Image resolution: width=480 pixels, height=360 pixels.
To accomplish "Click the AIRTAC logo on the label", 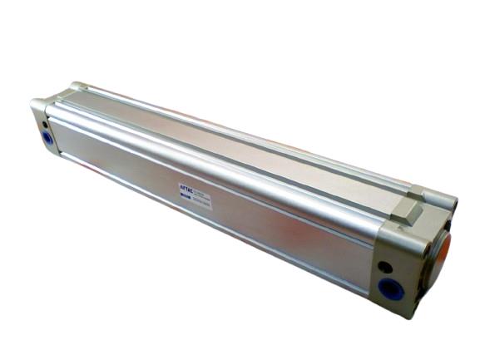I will (187, 189).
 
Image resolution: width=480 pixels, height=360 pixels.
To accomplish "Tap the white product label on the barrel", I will (195, 196).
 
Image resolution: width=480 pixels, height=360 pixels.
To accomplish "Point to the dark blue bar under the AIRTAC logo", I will (186, 196).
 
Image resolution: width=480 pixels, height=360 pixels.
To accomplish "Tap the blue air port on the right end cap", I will (389, 288).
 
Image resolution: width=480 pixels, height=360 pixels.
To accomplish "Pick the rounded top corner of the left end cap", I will (38, 104).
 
